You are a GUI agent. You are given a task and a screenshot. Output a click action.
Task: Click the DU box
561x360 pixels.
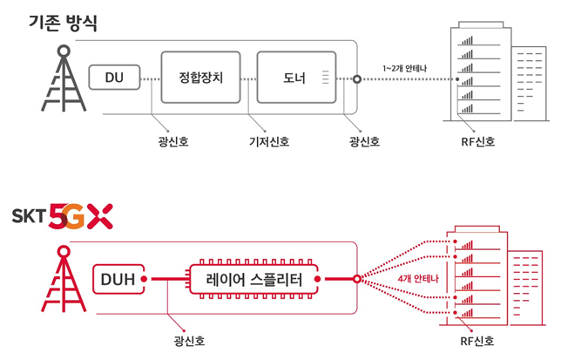[114, 77]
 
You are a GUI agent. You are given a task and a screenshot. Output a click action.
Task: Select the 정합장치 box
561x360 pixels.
[200, 78]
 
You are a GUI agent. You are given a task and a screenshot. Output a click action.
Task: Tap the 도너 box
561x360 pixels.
[296, 78]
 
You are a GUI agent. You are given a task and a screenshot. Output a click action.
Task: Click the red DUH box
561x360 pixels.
[118, 279]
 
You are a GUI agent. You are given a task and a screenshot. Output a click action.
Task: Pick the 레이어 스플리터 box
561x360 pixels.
[253, 279]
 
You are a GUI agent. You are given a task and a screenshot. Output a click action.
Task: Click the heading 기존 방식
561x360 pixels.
[63, 23]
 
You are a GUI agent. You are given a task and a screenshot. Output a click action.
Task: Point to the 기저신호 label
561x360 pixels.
[269, 142]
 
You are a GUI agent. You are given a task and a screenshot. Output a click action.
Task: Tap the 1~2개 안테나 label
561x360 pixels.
[405, 68]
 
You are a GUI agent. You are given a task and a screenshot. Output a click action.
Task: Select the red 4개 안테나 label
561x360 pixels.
[418, 278]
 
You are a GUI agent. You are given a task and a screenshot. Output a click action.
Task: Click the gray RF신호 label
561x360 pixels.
[478, 142]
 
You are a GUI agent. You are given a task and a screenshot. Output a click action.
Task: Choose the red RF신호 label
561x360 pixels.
[477, 341]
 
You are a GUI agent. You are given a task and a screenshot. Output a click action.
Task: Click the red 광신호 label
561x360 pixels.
[189, 341]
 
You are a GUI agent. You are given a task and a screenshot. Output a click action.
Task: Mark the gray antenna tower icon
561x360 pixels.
[64, 78]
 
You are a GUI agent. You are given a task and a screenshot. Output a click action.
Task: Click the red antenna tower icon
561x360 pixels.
[64, 279]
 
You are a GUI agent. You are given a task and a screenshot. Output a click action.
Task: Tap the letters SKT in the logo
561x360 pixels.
[29, 216]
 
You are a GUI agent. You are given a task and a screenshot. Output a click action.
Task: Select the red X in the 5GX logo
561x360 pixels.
[100, 216]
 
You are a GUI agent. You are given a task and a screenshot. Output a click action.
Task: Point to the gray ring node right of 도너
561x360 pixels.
[356, 79]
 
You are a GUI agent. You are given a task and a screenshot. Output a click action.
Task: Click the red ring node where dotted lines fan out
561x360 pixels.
[356, 279]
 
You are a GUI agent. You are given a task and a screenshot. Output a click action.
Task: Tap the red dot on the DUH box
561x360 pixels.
[144, 279]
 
